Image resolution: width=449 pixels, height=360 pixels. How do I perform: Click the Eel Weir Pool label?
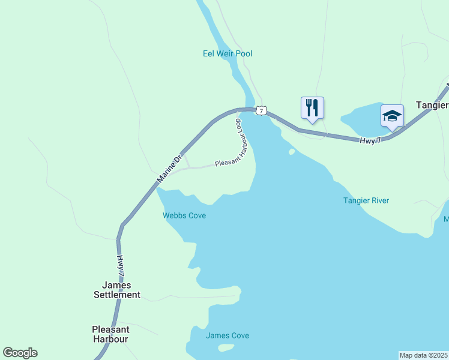pyautogui.click(x=227, y=53)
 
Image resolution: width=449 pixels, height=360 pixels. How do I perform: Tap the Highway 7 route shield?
pyautogui.click(x=261, y=110)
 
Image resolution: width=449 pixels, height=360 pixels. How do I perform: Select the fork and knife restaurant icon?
pyautogui.click(x=312, y=108)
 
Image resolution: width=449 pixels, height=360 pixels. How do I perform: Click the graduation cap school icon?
pyautogui.click(x=392, y=115)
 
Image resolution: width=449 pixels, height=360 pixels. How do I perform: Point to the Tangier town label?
pyautogui.click(x=432, y=104)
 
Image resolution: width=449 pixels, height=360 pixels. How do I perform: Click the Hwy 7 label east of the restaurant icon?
pyautogui.click(x=370, y=140)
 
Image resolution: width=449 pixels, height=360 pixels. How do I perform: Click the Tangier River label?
pyautogui.click(x=366, y=200)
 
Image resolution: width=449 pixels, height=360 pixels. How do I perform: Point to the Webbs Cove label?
pyautogui.click(x=184, y=215)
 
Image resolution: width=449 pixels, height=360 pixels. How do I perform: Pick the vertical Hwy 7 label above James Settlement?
pyautogui.click(x=121, y=265)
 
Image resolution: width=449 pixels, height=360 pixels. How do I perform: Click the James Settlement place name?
pyautogui.click(x=117, y=290)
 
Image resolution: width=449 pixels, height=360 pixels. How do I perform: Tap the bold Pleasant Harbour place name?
pyautogui.click(x=110, y=334)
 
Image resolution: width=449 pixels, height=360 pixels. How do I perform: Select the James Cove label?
pyautogui.click(x=227, y=335)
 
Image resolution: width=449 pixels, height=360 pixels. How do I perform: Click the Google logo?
pyautogui.click(x=20, y=353)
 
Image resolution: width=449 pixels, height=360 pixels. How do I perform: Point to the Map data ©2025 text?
pyautogui.click(x=424, y=355)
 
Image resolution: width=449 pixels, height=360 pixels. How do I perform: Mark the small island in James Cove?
pyautogui.click(x=226, y=347)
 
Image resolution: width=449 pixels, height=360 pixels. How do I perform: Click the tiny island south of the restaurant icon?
pyautogui.click(x=292, y=151)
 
